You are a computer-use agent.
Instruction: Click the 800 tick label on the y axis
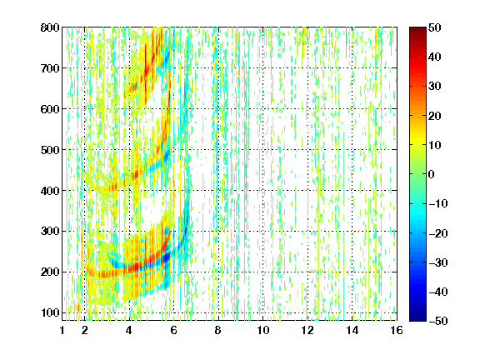click(50, 27)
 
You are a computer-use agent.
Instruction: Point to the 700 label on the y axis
click(50, 68)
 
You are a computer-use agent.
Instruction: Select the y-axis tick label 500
click(50, 150)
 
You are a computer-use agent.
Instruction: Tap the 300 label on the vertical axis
click(50, 231)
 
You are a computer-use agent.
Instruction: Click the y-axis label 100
click(50, 312)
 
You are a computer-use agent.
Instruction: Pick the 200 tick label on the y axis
click(50, 272)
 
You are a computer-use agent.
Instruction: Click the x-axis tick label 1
click(62, 330)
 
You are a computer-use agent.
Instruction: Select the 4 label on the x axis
click(129, 330)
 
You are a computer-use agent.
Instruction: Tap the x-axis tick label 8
click(217, 330)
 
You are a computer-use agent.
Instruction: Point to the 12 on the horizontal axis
click(307, 330)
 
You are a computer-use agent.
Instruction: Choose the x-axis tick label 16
click(397, 330)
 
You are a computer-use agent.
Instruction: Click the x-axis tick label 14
click(352, 330)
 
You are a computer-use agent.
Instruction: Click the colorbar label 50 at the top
click(435, 27)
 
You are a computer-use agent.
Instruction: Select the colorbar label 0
click(432, 174)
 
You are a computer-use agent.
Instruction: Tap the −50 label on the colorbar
click(438, 321)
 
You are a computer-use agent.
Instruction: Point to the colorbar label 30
click(435, 87)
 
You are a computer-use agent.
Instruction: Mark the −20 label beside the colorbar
click(438, 233)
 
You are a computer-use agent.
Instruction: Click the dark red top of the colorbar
click(417, 31)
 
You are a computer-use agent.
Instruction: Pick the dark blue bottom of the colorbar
click(417, 317)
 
